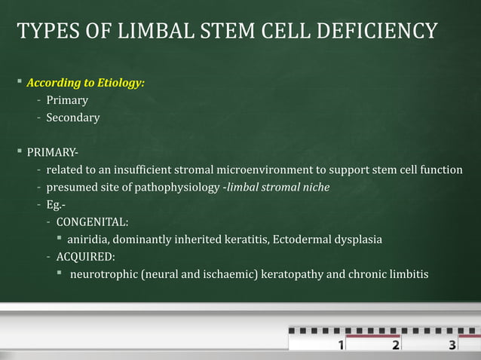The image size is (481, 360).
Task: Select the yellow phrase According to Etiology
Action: click(86, 83)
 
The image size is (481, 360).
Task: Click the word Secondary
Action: click(73, 117)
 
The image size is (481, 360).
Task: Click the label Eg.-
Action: click(57, 204)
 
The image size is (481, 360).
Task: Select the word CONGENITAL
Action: click(92, 222)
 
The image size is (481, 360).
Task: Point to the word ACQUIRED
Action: click(86, 257)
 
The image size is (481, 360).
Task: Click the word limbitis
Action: click(406, 274)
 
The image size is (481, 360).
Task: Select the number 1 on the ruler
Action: click(342, 346)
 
